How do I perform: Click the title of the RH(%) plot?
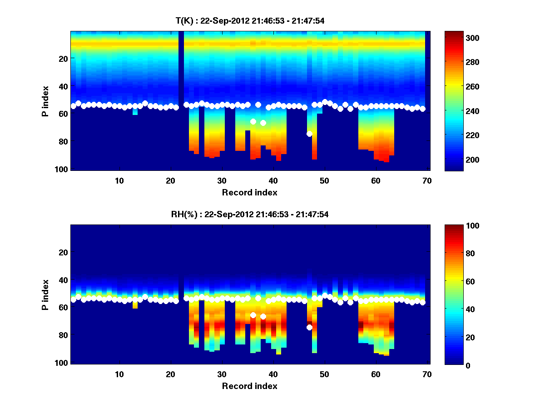(x=247, y=214)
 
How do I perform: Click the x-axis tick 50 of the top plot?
(x=324, y=180)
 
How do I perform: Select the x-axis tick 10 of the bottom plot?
(x=119, y=374)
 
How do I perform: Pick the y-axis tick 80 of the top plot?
(x=63, y=141)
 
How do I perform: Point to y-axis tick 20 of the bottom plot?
(x=63, y=252)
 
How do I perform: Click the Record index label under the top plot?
(x=250, y=192)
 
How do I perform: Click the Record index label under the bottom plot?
(x=250, y=386)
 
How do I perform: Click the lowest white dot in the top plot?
(x=309, y=134)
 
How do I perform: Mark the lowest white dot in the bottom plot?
(x=309, y=327)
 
